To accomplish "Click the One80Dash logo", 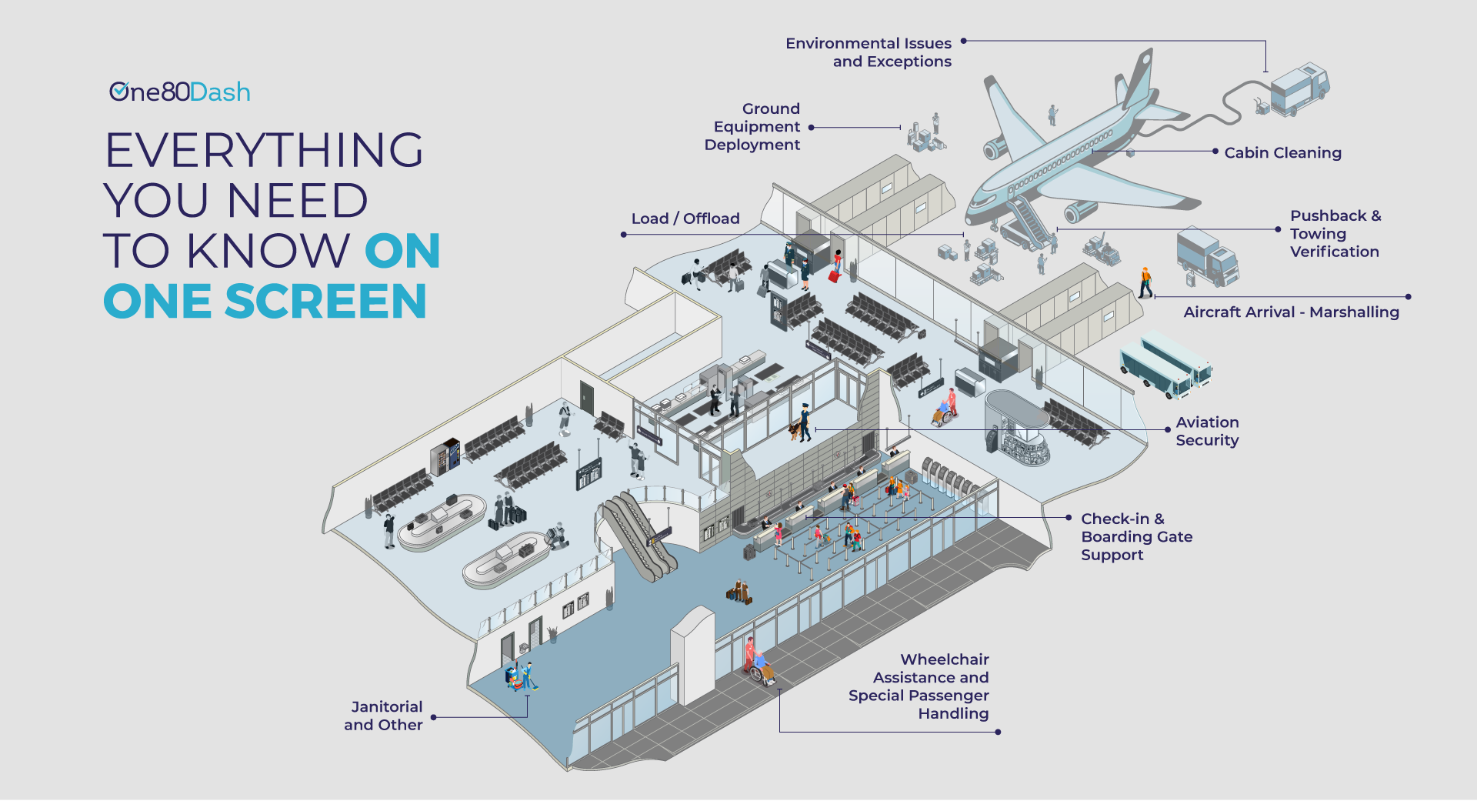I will coord(179,92).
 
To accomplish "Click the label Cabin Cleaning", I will coord(1282,153).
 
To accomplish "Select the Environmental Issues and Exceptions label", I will coord(869,52).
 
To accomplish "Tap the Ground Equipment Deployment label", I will coord(753,127).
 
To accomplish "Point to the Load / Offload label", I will coord(685,219).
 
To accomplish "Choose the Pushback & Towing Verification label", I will coord(1335,234).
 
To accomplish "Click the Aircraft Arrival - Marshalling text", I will coord(1291,312).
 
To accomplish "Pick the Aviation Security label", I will coord(1207,432).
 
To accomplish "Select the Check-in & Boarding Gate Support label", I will coord(1136,537).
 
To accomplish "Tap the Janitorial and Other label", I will coord(384,716).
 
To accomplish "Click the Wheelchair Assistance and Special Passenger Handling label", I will coord(919,686).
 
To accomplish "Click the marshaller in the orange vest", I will coord(1145,282).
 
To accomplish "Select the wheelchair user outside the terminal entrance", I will coord(761,667).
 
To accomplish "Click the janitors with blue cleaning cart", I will coord(521,676).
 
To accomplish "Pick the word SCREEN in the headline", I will coord(325,301).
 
